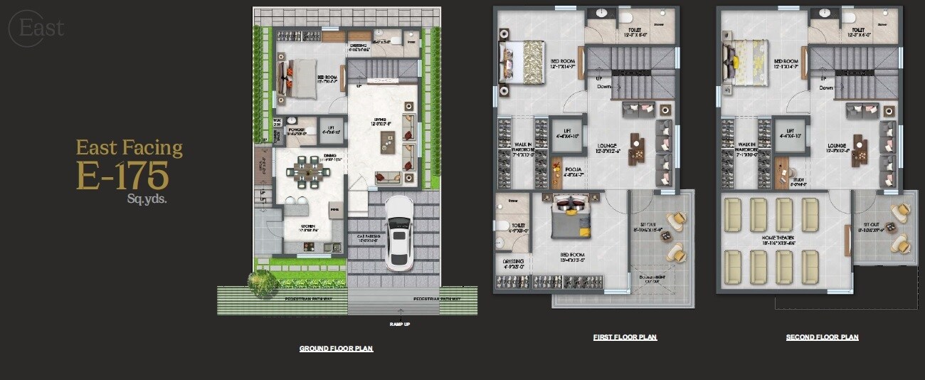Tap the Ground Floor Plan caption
336,349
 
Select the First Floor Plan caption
625,337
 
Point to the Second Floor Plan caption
822,337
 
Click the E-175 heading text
122,175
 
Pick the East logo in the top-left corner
36,28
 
